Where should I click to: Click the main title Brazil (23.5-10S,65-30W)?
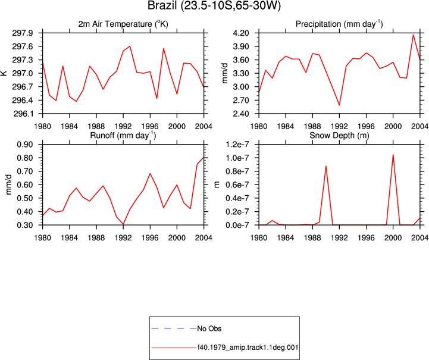[214, 5]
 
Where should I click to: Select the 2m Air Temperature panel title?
[123, 24]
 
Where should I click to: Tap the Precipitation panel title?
[339, 24]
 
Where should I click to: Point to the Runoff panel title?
[123, 136]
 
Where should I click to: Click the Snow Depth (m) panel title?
[339, 136]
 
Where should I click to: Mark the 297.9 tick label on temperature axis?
[23, 33]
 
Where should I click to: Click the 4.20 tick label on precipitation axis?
[241, 33]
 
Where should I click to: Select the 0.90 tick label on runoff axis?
[25, 145]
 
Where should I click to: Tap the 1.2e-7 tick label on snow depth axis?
[237, 145]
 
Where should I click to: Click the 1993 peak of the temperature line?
[130, 46]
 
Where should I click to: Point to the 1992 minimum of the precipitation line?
[339, 105]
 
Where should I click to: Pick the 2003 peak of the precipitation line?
[413, 35]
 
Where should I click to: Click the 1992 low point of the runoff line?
[123, 224]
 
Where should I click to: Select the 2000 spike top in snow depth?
[393, 155]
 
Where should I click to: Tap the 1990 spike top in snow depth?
[326, 166]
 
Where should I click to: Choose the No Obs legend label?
[209, 328]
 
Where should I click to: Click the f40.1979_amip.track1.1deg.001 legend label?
[248, 348]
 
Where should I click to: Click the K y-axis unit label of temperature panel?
[4, 73]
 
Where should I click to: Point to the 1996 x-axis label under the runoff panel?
[150, 238]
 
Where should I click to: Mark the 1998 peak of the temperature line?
[164, 48]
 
